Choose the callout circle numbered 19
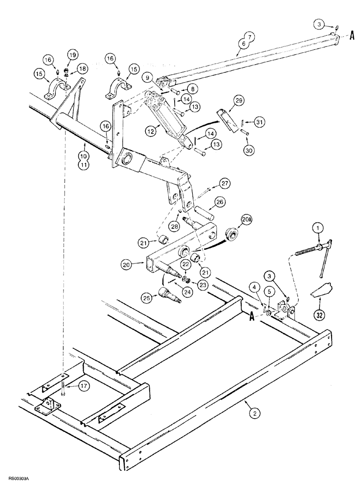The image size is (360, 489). pyautogui.click(x=72, y=55)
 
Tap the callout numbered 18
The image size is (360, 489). pyautogui.click(x=81, y=69)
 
